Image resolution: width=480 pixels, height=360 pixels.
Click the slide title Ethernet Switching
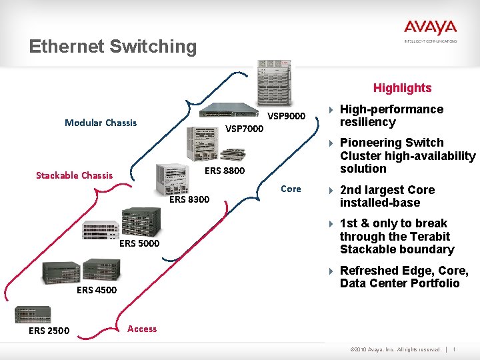(x=113, y=47)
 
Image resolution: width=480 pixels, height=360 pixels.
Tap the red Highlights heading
(x=402, y=88)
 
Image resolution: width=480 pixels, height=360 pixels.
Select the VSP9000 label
(x=286, y=116)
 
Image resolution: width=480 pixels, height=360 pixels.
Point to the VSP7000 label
(x=244, y=129)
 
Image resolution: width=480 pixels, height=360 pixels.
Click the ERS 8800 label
(x=225, y=171)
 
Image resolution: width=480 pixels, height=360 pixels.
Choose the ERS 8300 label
(x=189, y=199)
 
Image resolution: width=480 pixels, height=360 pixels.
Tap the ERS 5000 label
(x=139, y=243)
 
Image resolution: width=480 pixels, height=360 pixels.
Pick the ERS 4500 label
(x=97, y=290)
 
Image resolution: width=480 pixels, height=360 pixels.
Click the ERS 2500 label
(x=49, y=331)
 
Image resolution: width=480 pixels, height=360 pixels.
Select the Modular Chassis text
(x=101, y=123)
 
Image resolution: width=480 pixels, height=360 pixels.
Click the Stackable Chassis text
(x=74, y=175)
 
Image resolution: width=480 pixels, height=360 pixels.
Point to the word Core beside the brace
(x=291, y=189)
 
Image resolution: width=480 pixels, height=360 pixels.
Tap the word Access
(x=142, y=329)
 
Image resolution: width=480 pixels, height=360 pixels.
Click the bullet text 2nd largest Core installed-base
(x=387, y=196)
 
